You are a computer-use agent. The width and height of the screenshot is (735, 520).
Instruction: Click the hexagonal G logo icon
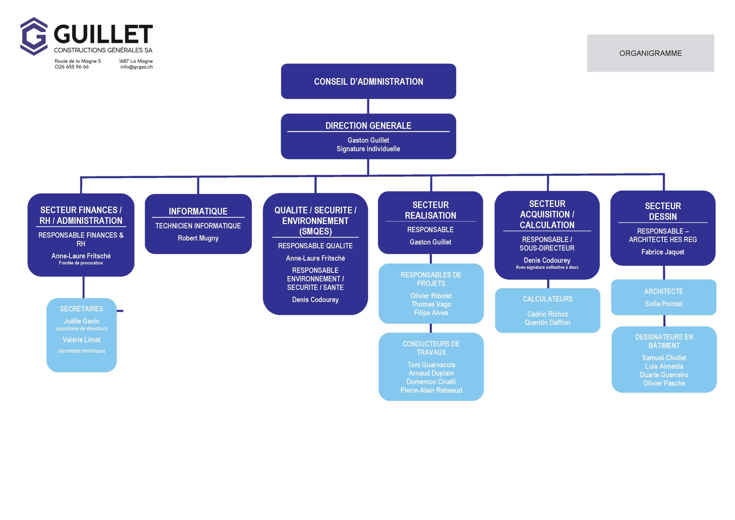(34, 36)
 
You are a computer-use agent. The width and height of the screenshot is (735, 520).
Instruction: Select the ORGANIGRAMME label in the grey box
(650, 53)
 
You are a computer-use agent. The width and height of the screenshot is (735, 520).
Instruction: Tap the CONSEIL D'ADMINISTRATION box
(368, 82)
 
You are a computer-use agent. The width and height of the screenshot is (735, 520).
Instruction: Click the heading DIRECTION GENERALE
(368, 125)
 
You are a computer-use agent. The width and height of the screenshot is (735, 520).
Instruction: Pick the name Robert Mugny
(198, 238)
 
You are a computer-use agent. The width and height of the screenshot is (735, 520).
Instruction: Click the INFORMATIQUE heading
(198, 211)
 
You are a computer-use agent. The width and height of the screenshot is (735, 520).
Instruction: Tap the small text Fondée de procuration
(81, 263)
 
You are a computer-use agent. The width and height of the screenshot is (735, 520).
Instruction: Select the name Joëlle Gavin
(81, 321)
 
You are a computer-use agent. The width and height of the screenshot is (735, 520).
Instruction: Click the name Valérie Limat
(81, 340)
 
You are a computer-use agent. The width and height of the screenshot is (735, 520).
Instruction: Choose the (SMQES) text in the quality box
(315, 231)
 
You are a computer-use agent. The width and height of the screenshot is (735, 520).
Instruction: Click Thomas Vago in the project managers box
(431, 304)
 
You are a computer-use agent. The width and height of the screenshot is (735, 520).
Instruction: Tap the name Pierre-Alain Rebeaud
(431, 390)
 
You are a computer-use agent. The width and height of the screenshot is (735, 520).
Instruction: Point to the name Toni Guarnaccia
(431, 365)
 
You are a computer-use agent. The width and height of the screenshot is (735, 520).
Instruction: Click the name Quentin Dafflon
(548, 322)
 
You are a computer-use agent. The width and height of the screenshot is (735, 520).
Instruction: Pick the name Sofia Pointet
(663, 304)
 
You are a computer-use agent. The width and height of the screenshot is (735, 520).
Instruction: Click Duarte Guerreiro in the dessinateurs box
(664, 375)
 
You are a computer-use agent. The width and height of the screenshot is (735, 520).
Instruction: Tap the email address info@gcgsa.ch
(136, 67)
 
